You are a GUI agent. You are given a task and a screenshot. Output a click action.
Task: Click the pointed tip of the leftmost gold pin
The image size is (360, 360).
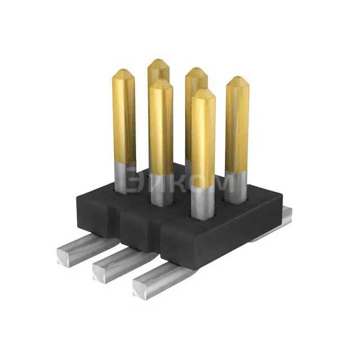[123, 72]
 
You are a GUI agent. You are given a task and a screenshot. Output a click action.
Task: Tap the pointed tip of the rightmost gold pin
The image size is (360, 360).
[238, 78]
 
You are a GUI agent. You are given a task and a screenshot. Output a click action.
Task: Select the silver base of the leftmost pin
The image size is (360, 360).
[124, 177]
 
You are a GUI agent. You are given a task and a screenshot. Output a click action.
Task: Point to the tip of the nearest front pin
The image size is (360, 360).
[202, 91]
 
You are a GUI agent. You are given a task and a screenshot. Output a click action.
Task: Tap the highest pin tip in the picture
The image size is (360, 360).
[159, 61]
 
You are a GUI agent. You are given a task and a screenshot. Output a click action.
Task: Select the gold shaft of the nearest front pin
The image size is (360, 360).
[202, 141]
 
